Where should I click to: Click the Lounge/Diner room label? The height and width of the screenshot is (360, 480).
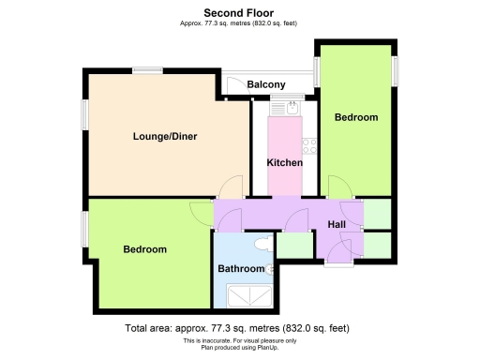pyautogui.click(x=164, y=137)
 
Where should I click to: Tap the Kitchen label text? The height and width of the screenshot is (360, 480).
pyautogui.click(x=285, y=163)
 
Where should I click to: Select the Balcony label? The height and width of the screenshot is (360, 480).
pyautogui.click(x=266, y=85)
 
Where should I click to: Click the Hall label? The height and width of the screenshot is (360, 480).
pyautogui.click(x=337, y=224)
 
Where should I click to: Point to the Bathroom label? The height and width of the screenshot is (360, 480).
pyautogui.click(x=241, y=269)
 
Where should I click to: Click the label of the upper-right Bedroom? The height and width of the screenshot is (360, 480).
pyautogui.click(x=356, y=118)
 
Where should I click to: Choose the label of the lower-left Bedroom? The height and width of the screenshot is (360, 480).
pyautogui.click(x=145, y=249)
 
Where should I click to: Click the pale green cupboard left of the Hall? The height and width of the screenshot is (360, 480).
pyautogui.click(x=293, y=244)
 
